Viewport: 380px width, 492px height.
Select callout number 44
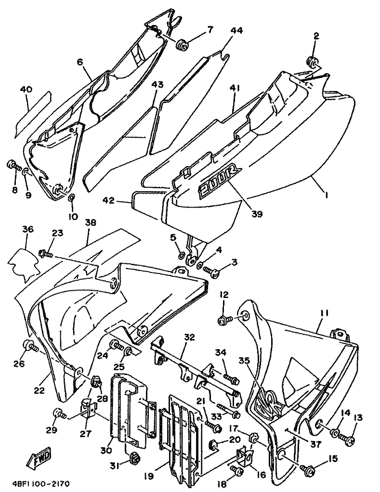237,30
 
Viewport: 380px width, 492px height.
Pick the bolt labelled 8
13,166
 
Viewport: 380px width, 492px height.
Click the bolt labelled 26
29,346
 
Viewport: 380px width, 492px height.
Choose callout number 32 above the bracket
190,337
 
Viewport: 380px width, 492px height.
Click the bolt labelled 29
59,414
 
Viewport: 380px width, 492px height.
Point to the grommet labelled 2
312,62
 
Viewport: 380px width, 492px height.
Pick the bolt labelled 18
236,470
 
